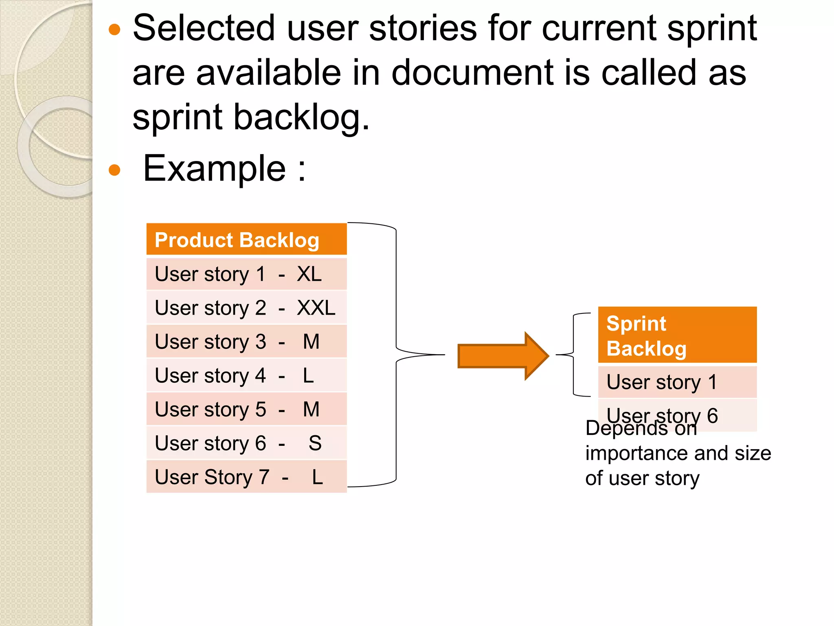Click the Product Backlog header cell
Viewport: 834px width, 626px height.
(246, 240)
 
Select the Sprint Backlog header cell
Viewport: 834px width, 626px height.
(677, 335)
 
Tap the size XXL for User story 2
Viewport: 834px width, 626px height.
(316, 308)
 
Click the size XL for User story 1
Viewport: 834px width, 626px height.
(309, 274)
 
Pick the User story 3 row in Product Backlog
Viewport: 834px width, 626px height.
(246, 342)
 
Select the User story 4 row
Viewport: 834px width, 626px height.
(246, 375)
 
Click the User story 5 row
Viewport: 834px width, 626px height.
(246, 409)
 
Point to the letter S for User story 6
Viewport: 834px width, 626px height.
(315, 443)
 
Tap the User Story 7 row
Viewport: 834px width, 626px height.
(246, 477)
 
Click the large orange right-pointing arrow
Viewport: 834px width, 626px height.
(503, 356)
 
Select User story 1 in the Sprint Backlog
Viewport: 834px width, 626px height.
(677, 382)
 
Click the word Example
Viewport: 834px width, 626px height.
(215, 169)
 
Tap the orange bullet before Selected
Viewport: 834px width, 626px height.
(115, 30)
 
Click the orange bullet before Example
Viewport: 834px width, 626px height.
(115, 170)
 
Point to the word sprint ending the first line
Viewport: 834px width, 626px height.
(712, 29)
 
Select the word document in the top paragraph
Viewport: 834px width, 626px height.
(472, 73)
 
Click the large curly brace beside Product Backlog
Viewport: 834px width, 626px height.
(396, 355)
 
